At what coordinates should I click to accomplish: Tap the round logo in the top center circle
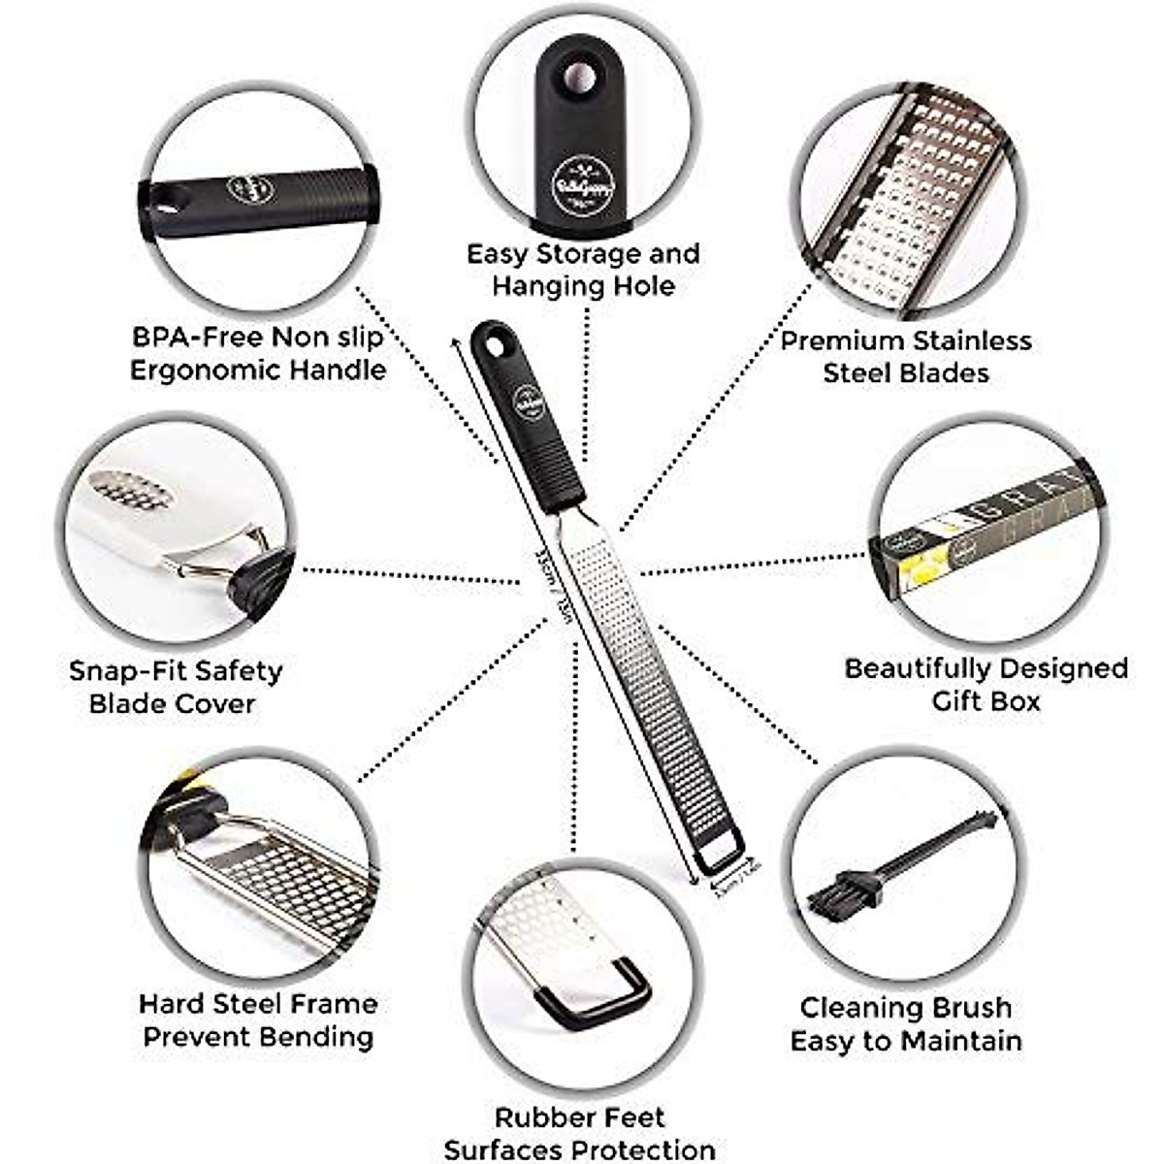point(575,185)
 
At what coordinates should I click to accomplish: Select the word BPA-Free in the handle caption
point(197,338)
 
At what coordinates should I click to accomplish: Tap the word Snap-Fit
point(128,670)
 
